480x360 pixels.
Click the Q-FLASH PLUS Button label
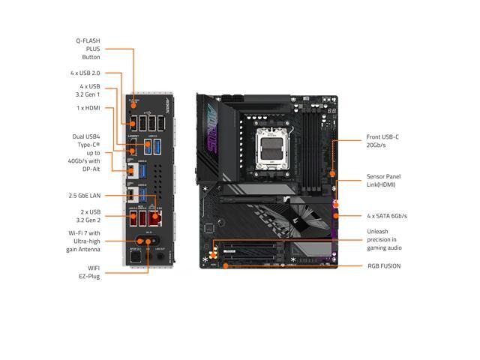click(x=88, y=49)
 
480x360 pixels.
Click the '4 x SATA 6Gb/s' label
click(x=386, y=215)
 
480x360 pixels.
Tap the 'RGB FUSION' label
click(x=383, y=265)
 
